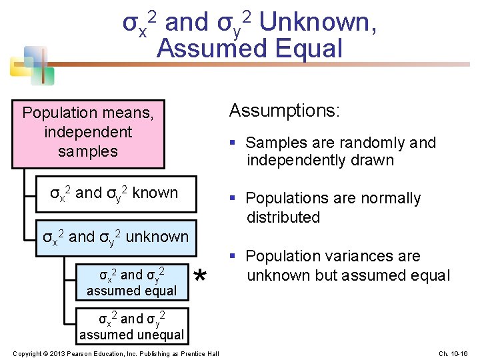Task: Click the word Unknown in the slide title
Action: pyautogui.click(x=315, y=23)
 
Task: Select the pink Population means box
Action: pyautogui.click(x=88, y=133)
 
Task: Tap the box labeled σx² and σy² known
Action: pyautogui.click(x=115, y=194)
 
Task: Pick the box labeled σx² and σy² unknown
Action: pyautogui.click(x=115, y=237)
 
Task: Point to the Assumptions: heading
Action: pyautogui.click(x=285, y=111)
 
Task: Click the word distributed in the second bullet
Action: pyautogui.click(x=283, y=217)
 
